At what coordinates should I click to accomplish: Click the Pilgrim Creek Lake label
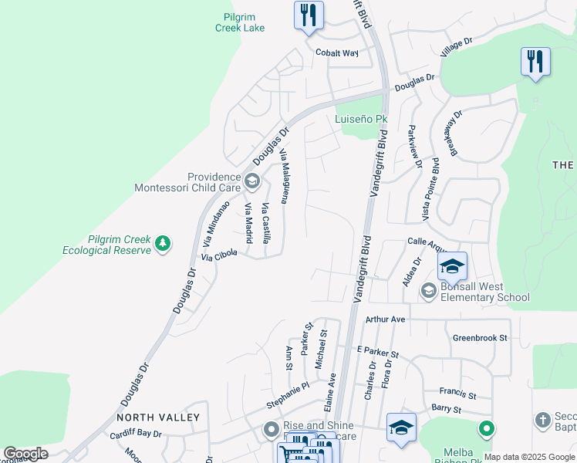[x=239, y=22]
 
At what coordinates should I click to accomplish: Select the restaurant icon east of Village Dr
[x=535, y=61]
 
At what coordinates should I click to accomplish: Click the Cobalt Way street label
[x=337, y=53]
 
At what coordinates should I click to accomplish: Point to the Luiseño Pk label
[x=360, y=119]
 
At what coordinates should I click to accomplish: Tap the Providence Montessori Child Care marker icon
[x=251, y=181]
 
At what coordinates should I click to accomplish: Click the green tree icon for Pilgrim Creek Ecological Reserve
[x=163, y=244]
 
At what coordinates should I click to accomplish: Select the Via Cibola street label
[x=218, y=255]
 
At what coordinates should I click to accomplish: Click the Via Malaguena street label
[x=284, y=176]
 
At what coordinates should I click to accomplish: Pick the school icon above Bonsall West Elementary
[x=452, y=267]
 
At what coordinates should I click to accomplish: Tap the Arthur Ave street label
[x=386, y=319]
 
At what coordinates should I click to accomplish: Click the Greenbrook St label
[x=480, y=338]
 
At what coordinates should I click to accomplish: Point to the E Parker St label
[x=377, y=353]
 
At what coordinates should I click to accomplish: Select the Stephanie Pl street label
[x=288, y=385]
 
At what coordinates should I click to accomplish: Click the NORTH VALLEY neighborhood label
[x=158, y=417]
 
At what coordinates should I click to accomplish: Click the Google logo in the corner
[x=25, y=454]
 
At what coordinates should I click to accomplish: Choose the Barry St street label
[x=446, y=409]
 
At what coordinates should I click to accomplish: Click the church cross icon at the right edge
[x=543, y=420]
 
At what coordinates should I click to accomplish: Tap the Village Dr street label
[x=456, y=46]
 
